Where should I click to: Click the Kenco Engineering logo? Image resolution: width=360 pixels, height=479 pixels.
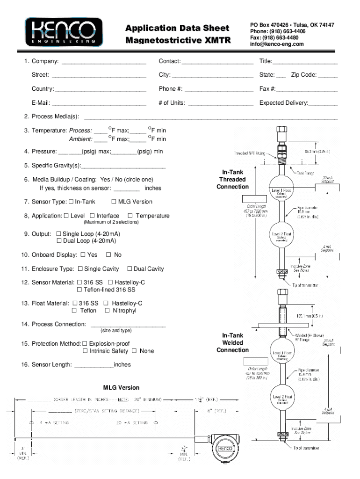click(64, 32)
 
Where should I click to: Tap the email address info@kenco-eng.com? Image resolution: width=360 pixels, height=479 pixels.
click(277, 44)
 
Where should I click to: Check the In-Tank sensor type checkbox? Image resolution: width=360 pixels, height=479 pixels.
click(71, 202)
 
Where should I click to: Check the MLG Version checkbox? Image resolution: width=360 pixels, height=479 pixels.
click(114, 202)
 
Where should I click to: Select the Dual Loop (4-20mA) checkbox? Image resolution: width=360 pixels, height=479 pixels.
click(59, 241)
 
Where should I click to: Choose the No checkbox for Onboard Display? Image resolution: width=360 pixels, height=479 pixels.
click(108, 255)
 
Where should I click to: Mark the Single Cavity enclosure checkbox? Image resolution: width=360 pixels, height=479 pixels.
click(80, 269)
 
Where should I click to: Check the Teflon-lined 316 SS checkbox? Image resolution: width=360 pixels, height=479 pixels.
click(79, 290)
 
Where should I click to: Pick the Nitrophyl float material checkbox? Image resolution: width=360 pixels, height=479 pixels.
click(108, 311)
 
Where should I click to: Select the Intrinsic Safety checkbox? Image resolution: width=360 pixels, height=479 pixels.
click(85, 351)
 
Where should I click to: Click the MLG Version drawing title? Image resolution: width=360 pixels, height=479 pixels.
click(121, 387)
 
